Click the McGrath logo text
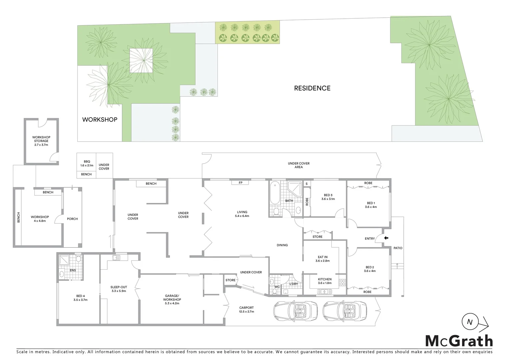pyautogui.click(x=459, y=341)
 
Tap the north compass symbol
pyautogui.click(x=470, y=322)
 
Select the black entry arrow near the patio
pyautogui.click(x=386, y=238)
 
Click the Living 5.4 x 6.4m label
pyautogui.click(x=242, y=214)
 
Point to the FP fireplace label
pyautogui.click(x=241, y=183)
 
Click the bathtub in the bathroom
pyautogui.click(x=274, y=194)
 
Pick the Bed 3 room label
pyautogui.click(x=328, y=197)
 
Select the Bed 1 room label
pyautogui.click(x=371, y=205)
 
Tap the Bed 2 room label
pyautogui.click(x=370, y=269)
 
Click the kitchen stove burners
pyautogui.click(x=342, y=283)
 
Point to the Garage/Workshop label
pyautogui.click(x=172, y=299)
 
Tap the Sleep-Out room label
pyautogui.click(x=119, y=289)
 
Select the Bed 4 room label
pyautogui.click(x=80, y=298)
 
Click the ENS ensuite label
pyautogui.click(x=73, y=270)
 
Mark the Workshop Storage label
pyautogui.click(x=41, y=141)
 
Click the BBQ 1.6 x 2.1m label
pyautogui.click(x=87, y=163)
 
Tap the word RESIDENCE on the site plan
pyautogui.click(x=312, y=88)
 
